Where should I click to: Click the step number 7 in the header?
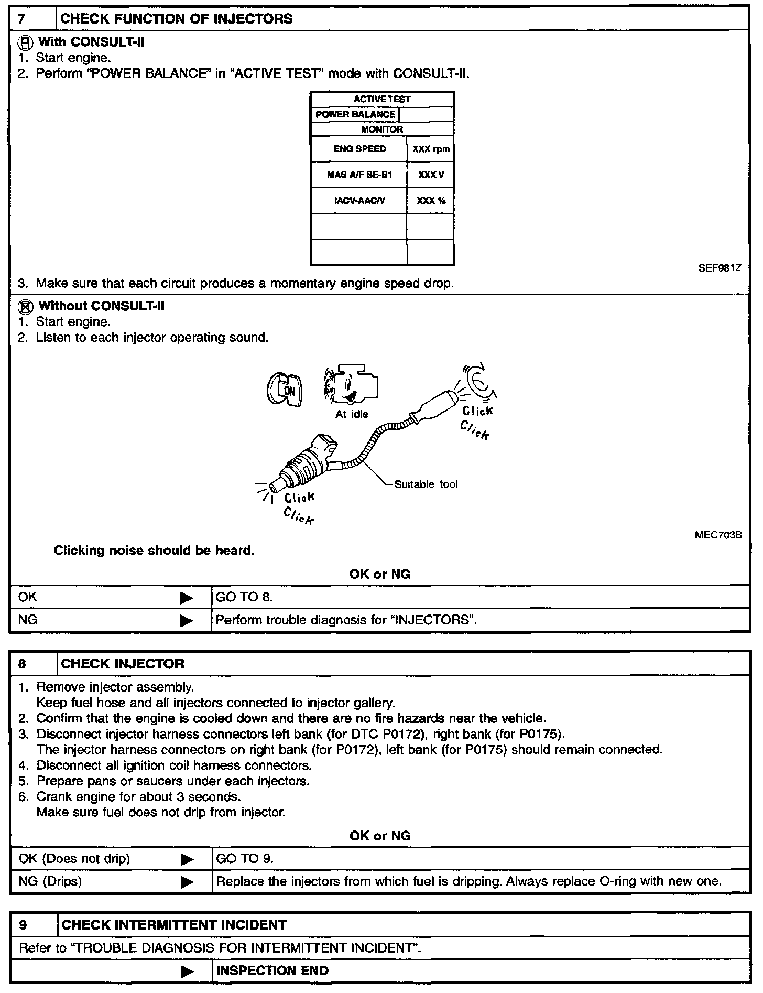click(22, 19)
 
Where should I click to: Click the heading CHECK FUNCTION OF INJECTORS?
click(177, 19)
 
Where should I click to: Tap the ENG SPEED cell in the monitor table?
click(359, 149)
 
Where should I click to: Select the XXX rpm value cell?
click(431, 149)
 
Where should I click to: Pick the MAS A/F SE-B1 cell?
click(359, 175)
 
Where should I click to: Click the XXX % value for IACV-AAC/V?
click(431, 200)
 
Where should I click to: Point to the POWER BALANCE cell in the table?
click(355, 114)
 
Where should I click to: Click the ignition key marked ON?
click(284, 391)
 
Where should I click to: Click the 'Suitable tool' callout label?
click(426, 484)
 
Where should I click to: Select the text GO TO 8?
click(244, 597)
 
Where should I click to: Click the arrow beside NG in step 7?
click(186, 620)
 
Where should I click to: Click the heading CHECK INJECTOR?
click(123, 664)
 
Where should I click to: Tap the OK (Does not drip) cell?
click(74, 859)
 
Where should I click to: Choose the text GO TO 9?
click(245, 859)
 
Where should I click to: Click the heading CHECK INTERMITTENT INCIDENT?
click(174, 925)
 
